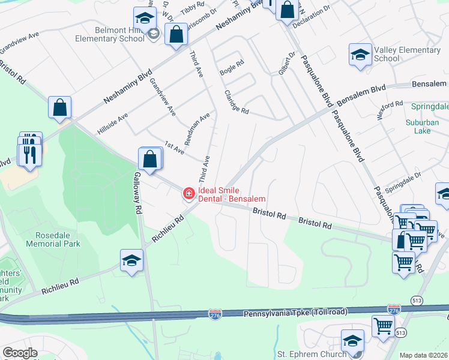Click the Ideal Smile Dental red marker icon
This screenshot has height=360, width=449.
[188, 193]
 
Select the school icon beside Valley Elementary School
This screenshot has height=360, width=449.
[360, 56]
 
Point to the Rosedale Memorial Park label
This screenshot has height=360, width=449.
[53, 239]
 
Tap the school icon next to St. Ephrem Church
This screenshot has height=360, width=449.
[352, 341]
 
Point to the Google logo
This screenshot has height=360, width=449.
[20, 353]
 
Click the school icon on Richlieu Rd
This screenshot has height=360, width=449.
[131, 260]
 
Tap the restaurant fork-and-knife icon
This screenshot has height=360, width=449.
[28, 154]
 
